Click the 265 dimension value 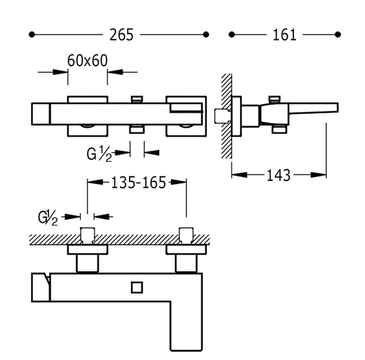(121, 35)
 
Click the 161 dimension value (284, 35)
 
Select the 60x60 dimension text (88, 61)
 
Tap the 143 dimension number (279, 175)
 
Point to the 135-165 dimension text (139, 182)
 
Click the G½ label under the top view (99, 154)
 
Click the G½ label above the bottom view (48, 218)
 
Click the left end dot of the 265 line (32, 35)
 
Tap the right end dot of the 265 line (206, 35)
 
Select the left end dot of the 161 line (232, 35)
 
